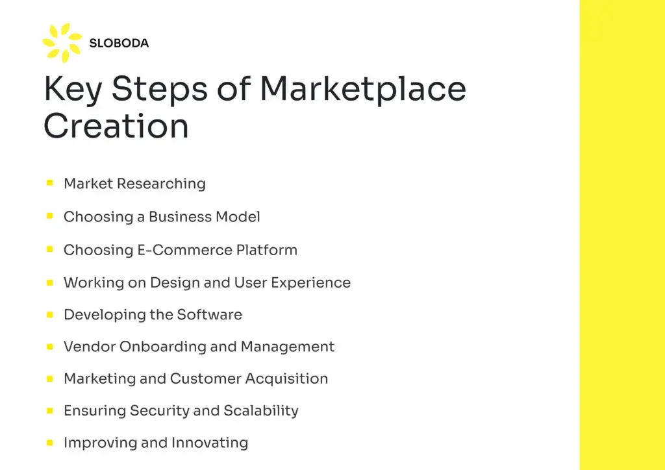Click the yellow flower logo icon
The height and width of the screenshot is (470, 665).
pos(62,43)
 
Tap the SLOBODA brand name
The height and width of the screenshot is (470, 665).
pos(119,43)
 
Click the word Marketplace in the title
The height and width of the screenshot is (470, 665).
pos(362,90)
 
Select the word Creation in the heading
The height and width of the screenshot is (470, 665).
pos(116,126)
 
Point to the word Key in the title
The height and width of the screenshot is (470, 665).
pos(73,90)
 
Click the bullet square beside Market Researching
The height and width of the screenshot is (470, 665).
pos(50,183)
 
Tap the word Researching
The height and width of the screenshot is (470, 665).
pos(161,184)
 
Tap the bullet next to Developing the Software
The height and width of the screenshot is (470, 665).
pos(50,314)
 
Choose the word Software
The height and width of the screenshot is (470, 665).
pos(210,314)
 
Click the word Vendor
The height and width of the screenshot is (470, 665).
pos(89,347)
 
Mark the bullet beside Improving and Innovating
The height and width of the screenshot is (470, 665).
pos(50,443)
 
